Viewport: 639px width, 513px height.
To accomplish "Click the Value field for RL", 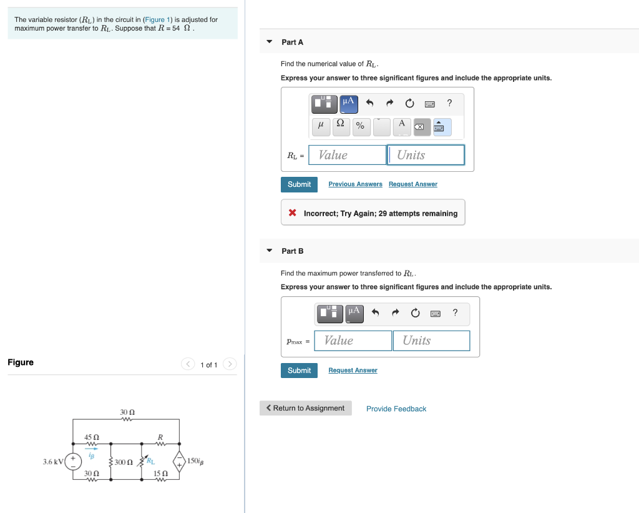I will pos(348,155).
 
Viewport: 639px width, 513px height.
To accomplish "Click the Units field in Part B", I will pos(431,341).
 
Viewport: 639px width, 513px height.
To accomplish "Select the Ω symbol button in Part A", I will pos(340,126).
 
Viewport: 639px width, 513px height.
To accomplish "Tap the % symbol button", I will pos(360,126).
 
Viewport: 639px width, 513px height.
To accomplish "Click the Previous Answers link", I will pos(355,184).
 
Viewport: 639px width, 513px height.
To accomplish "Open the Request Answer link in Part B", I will pos(353,371).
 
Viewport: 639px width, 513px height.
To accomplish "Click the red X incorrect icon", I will pos(292,213).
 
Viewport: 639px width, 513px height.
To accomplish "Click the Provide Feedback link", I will pos(396,409).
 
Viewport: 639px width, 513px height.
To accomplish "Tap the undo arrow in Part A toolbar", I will pos(369,103).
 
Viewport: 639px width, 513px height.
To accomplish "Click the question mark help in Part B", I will pos(455,312).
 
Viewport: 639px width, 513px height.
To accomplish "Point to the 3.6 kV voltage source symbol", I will pos(74,462).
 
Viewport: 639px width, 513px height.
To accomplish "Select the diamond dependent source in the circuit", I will pos(179,462).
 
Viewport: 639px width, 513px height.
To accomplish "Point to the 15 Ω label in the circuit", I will pos(160,473).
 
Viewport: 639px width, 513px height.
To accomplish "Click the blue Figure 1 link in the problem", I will pos(155,19).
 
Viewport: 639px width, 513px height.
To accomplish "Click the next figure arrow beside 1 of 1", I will pos(230,364).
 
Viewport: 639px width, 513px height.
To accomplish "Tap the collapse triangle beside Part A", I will pos(270,42).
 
